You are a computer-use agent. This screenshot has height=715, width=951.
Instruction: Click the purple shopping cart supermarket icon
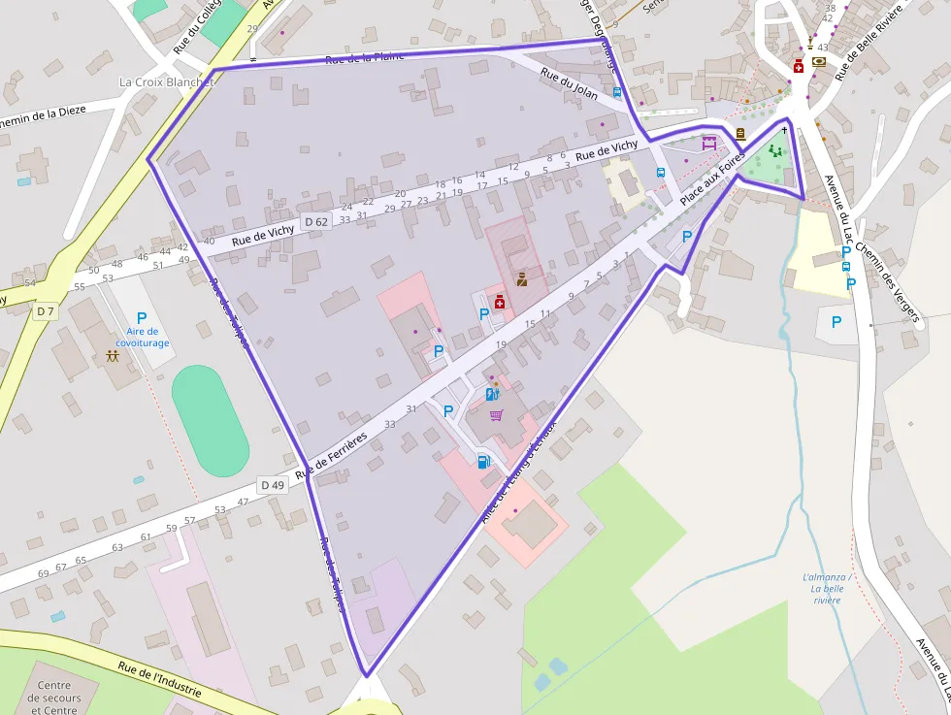click(x=496, y=415)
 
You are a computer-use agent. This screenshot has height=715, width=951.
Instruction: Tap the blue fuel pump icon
click(x=483, y=461)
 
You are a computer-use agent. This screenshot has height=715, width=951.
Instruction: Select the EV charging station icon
click(x=492, y=394)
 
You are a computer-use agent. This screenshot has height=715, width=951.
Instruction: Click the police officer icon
click(x=521, y=279)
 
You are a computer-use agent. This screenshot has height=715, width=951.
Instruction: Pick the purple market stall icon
click(x=708, y=142)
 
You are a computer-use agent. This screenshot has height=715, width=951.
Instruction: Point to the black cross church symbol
click(x=783, y=130)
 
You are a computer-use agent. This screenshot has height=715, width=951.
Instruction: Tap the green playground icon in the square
click(x=774, y=150)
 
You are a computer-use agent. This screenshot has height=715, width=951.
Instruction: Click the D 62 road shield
click(x=316, y=222)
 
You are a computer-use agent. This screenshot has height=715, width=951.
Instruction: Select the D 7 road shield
click(x=45, y=311)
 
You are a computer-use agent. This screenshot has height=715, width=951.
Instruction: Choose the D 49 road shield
click(x=273, y=484)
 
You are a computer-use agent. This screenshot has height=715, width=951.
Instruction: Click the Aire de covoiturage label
click(x=142, y=337)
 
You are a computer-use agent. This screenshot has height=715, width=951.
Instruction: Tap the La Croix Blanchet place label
click(x=166, y=82)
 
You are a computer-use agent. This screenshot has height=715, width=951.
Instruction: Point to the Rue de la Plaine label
click(x=364, y=58)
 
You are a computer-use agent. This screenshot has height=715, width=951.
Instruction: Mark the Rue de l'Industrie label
click(x=159, y=680)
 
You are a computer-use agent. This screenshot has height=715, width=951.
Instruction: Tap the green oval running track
click(x=210, y=421)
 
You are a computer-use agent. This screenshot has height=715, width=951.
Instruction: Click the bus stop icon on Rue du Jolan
click(x=617, y=93)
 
